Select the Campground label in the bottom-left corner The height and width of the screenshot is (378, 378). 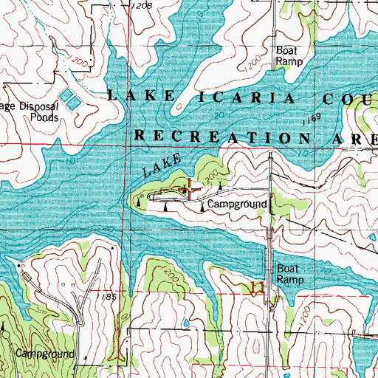38,354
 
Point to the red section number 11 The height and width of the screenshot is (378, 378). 257,287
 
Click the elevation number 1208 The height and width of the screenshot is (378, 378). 143,6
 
